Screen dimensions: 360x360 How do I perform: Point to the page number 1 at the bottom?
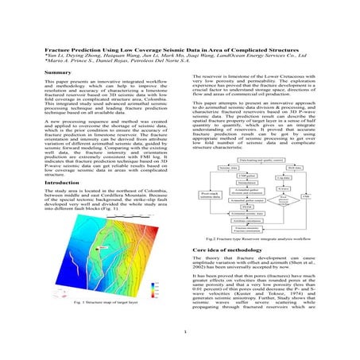click(183, 331)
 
